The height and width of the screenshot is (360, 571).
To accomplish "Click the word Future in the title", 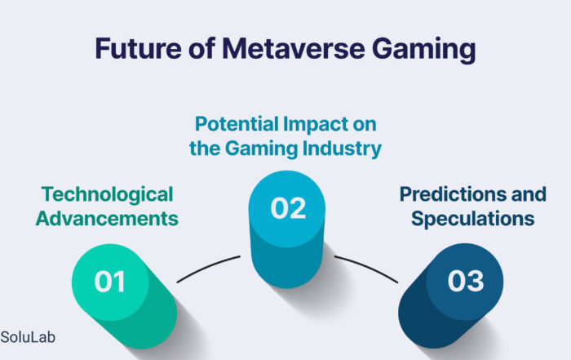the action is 138,48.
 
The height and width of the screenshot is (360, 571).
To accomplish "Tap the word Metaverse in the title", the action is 294,48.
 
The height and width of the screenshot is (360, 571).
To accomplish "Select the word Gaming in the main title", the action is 424,51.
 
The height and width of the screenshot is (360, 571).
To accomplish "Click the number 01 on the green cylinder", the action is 109,282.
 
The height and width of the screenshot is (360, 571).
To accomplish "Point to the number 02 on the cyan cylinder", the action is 288,208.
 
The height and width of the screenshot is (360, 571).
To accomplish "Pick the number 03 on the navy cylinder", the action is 466,281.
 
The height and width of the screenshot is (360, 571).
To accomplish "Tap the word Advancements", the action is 107,219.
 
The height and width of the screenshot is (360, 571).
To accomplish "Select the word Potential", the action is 237,124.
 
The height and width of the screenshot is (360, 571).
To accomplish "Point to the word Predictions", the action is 453,193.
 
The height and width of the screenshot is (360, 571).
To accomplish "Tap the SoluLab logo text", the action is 28,337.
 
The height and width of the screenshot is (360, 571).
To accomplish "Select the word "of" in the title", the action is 201,48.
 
